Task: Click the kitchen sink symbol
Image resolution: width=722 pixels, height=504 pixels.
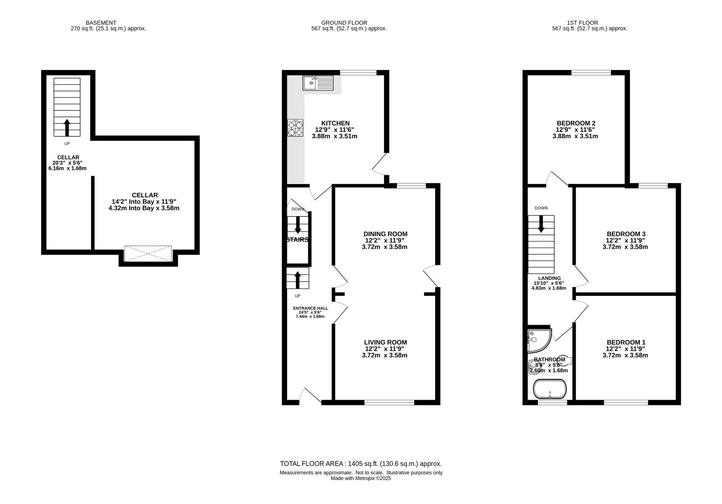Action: [318, 83]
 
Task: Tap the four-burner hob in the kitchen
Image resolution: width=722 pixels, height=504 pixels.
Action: [295, 128]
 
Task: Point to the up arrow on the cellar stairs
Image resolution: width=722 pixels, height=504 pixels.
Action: [67, 127]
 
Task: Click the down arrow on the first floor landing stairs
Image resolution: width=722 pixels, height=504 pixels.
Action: [541, 224]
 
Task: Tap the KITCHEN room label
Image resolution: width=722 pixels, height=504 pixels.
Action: [335, 123]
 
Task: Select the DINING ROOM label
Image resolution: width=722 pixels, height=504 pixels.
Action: [385, 234]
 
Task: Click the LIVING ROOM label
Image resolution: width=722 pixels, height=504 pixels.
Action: [385, 342]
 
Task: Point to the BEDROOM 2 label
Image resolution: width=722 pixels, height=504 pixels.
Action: [576, 123]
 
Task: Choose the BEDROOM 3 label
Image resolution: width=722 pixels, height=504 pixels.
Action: [626, 234]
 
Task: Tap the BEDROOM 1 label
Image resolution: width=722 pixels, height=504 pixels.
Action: [626, 342]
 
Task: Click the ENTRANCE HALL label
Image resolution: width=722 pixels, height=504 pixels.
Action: [310, 308]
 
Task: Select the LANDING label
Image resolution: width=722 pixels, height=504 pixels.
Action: [549, 278]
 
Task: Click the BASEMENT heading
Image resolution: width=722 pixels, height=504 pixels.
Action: [101, 23]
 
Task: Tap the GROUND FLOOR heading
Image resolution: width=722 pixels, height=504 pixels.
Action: [344, 23]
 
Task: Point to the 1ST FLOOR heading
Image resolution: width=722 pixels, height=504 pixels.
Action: [583, 23]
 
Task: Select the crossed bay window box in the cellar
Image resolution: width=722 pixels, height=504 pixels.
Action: [148, 254]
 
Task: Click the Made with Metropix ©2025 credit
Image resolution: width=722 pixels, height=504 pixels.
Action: [361, 478]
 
